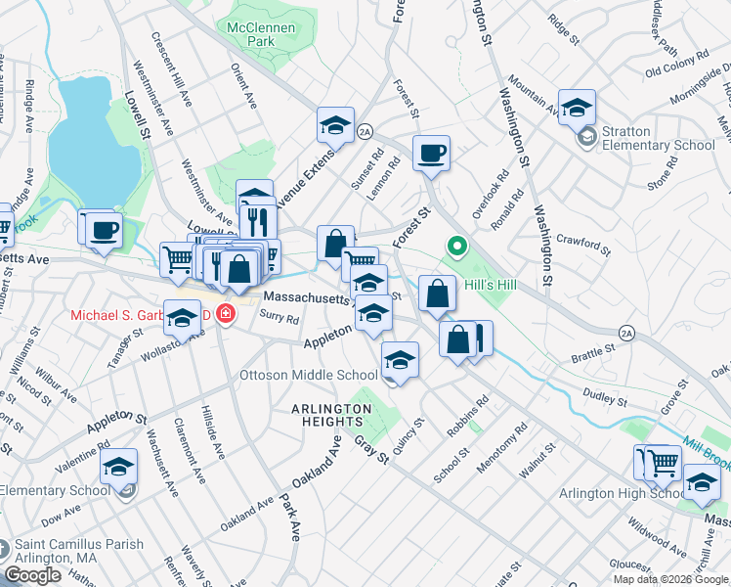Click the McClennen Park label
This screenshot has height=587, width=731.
click(261, 35)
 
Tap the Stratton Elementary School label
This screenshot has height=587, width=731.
click(658, 138)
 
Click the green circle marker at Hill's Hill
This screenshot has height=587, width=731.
click(454, 246)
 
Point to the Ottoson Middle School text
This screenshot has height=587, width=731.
click(309, 375)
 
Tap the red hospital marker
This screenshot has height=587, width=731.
click(226, 315)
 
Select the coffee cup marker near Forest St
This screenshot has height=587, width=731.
click(430, 154)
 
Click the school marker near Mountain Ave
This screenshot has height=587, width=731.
click(578, 107)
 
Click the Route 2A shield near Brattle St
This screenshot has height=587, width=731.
click(626, 334)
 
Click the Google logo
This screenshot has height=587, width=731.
click(32, 575)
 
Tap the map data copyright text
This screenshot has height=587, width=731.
click(670, 579)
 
